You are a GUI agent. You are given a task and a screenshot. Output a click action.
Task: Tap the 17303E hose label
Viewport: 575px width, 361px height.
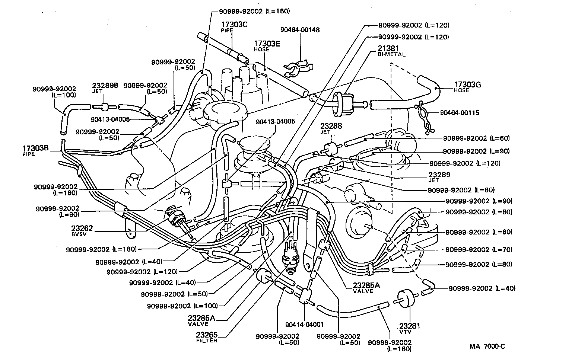267,44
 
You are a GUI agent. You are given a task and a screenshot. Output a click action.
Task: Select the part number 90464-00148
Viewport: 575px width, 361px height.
300,30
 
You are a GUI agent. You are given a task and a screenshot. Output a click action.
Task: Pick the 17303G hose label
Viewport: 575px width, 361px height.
467,85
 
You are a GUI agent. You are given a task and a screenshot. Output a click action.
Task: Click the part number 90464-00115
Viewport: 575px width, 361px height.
459,112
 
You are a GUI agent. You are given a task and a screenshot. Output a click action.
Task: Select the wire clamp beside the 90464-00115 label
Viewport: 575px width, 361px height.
424,118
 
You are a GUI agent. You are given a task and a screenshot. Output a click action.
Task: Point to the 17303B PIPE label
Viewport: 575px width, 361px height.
36,150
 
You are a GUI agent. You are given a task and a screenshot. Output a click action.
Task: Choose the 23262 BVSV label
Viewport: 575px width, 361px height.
82,230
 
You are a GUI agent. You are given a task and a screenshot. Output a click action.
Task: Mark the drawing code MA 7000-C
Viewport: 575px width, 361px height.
487,346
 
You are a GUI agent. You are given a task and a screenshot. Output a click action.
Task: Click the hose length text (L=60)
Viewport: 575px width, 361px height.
499,138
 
